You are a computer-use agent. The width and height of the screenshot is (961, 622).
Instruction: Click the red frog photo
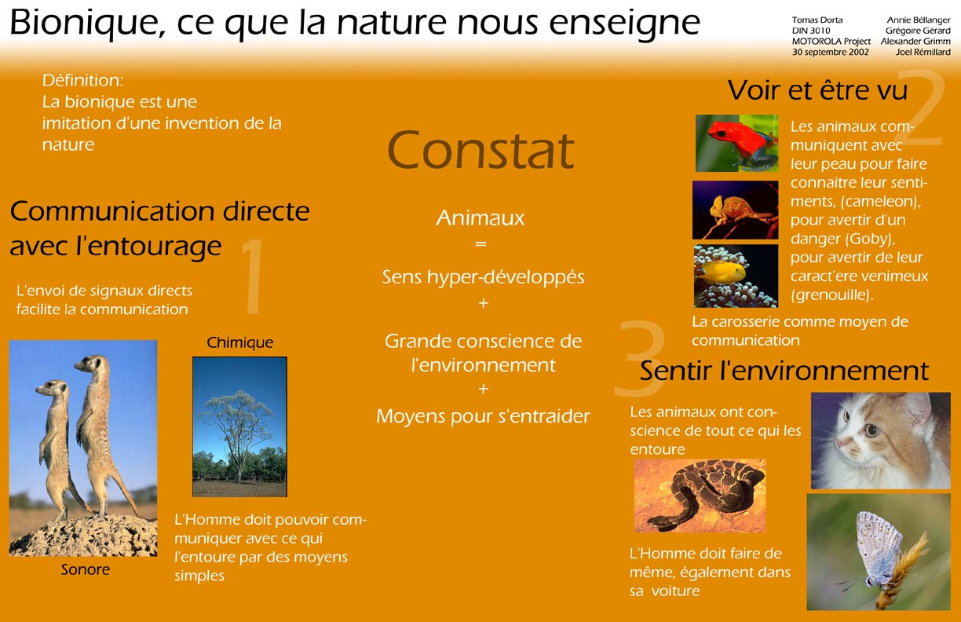pyautogui.click(x=736, y=144)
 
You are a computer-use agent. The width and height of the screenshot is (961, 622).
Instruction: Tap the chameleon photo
pyautogui.click(x=736, y=210)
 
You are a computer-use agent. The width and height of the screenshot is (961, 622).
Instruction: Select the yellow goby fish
pyautogui.click(x=722, y=272)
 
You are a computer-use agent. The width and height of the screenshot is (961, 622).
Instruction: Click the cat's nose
pyautogui.click(x=839, y=442)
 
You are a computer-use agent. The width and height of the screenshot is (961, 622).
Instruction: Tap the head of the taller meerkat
pyautogui.click(x=90, y=364)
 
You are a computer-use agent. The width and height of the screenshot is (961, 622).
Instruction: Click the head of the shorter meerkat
pyautogui.click(x=52, y=388)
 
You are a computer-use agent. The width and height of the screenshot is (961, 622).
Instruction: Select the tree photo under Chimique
pyautogui.click(x=239, y=426)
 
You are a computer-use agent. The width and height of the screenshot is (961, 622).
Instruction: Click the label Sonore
pyautogui.click(x=86, y=569)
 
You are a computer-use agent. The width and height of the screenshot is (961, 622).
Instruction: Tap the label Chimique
pyautogui.click(x=239, y=342)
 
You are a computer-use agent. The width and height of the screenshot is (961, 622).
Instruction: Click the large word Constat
pyautogui.click(x=480, y=150)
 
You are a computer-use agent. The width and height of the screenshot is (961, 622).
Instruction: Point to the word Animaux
pyautogui.click(x=480, y=218)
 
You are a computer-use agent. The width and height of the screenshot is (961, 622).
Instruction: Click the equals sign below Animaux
pyautogui.click(x=480, y=243)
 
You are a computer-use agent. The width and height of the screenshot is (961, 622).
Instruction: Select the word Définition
pyautogui.click(x=82, y=80)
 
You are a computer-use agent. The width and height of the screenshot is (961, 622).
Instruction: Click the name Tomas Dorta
pyautogui.click(x=817, y=20)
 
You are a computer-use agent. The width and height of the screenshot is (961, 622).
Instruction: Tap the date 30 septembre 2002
pyautogui.click(x=831, y=53)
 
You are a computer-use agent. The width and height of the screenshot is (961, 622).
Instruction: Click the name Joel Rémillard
pyautogui.click(x=923, y=53)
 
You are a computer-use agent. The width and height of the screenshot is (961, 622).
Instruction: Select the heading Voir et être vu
pyautogui.click(x=817, y=90)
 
